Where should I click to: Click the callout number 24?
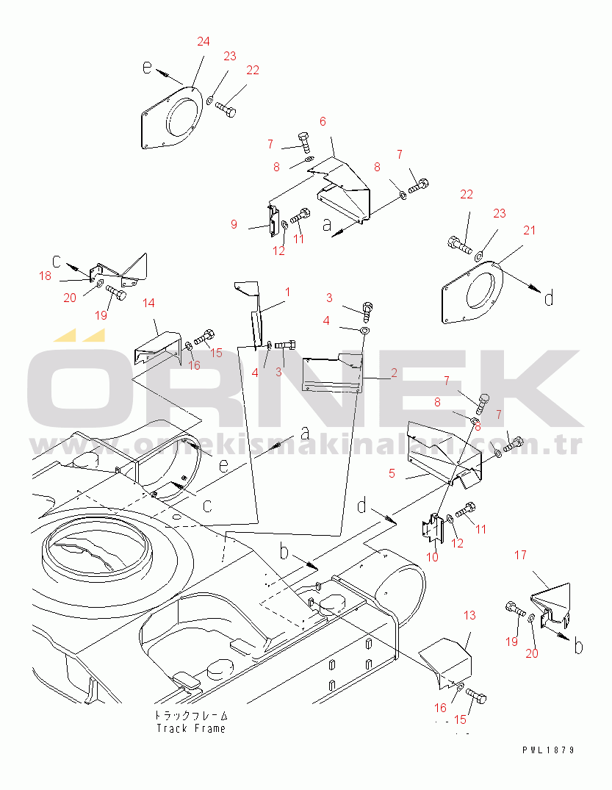tap(203, 41)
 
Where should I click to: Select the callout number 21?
tap(529, 230)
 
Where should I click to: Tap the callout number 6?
tap(323, 121)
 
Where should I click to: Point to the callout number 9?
tap(234, 224)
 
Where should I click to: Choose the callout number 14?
tap(148, 303)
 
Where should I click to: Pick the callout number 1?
tap(287, 292)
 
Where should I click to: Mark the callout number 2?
tap(394, 373)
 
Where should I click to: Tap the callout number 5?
tap(392, 473)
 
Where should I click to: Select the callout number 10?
tap(432, 557)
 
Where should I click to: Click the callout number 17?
tap(520, 555)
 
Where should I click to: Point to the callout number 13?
tap(469, 615)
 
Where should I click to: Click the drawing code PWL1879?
tap(548, 750)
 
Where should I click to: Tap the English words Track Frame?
tap(191, 728)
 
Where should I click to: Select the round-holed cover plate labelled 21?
tap(472, 292)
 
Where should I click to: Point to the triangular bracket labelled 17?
tap(552, 606)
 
